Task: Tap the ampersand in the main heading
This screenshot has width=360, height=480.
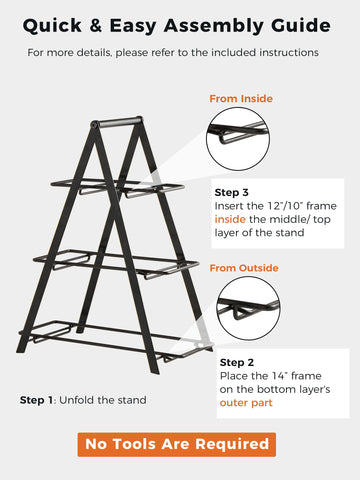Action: click(96, 25)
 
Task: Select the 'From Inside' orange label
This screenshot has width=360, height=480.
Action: click(241, 99)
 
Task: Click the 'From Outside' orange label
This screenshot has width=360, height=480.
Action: click(244, 268)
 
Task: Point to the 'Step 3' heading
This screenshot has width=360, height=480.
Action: click(231, 193)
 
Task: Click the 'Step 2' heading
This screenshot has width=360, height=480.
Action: click(237, 362)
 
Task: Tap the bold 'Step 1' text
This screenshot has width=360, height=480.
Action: click(36, 400)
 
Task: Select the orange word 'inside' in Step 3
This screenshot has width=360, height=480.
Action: click(230, 219)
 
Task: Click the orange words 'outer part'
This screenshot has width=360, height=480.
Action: click(246, 403)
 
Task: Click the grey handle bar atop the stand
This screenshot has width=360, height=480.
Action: click(119, 121)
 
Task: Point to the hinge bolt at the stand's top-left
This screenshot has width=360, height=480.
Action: click(94, 125)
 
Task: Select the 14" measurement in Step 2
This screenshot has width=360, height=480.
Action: click(279, 376)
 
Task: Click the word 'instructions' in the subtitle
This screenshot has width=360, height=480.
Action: click(289, 53)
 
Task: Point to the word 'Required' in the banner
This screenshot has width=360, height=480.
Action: click(232, 444)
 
